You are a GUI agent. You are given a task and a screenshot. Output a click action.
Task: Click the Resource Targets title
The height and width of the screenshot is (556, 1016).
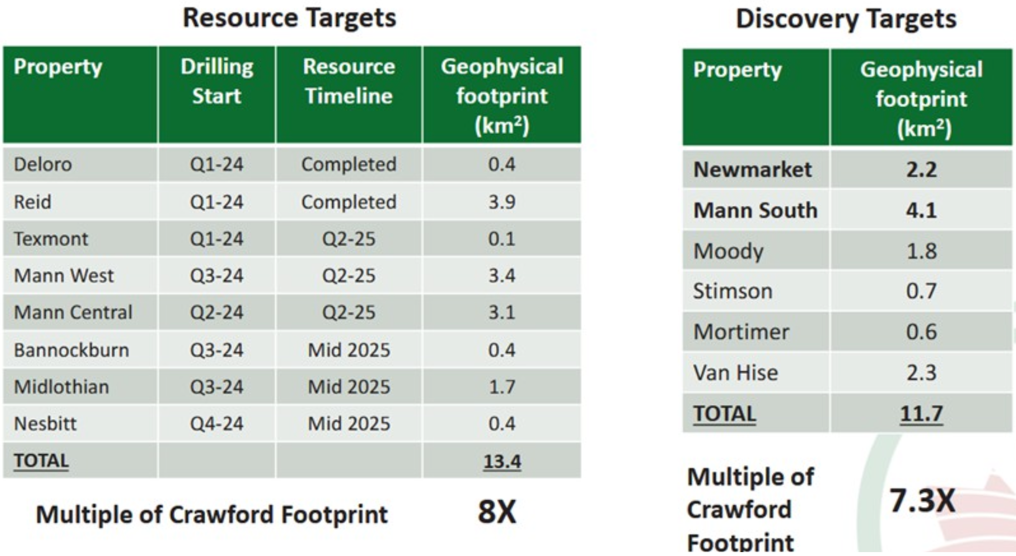(x=289, y=18)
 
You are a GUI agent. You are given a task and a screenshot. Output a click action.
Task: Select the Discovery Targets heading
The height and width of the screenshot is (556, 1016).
(x=846, y=20)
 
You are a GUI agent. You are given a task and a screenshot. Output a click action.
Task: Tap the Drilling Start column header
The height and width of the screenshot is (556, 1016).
(x=217, y=81)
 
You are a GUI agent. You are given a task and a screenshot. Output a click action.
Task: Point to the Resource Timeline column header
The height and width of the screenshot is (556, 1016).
(x=349, y=81)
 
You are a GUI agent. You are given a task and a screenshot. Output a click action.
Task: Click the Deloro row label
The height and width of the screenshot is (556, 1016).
(x=43, y=164)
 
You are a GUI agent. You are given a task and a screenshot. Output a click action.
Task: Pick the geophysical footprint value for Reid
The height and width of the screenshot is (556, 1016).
(x=502, y=202)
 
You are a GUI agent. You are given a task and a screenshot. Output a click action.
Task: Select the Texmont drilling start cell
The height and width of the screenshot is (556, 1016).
(x=217, y=239)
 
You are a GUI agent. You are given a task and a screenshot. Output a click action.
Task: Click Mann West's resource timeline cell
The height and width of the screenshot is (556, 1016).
(x=349, y=276)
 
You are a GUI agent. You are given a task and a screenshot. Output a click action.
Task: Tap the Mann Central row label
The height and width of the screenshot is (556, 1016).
(x=73, y=312)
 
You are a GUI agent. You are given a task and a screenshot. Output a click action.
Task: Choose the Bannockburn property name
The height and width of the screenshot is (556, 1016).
(x=71, y=350)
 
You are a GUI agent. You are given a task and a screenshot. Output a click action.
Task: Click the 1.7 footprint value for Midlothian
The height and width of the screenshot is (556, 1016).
(x=502, y=387)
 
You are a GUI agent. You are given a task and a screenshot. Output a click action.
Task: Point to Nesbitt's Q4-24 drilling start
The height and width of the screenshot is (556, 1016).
(x=217, y=423)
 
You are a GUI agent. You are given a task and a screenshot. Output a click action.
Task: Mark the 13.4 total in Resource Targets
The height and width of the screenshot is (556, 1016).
(x=502, y=461)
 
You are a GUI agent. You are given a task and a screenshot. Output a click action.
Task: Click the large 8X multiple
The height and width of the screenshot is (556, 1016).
(x=497, y=512)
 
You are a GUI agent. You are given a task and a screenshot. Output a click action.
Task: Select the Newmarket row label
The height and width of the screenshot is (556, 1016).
(x=752, y=170)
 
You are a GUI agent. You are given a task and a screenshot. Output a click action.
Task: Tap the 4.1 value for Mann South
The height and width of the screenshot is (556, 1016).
(x=921, y=210)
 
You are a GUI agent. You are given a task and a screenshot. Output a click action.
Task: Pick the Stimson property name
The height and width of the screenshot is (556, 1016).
(x=732, y=291)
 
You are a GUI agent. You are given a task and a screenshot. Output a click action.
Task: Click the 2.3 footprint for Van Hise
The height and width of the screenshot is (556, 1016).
(x=921, y=373)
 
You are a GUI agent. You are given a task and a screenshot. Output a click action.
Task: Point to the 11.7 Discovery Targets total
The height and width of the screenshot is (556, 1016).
(x=921, y=414)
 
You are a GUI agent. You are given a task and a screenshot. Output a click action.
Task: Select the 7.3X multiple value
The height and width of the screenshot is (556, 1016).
(x=922, y=500)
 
